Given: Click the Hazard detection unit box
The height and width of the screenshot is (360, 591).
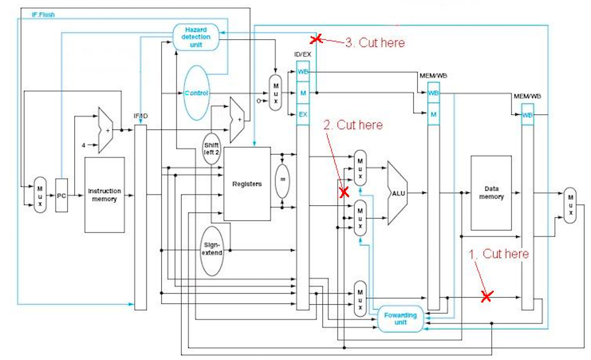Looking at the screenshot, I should tap(195, 36).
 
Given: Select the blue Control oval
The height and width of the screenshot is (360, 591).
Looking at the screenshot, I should tap(196, 93).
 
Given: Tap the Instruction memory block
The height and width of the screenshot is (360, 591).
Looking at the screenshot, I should tap(104, 195).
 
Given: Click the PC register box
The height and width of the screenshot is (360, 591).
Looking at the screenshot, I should tap(61, 195).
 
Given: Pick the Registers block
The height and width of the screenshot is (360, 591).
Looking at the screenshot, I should tap(247, 184).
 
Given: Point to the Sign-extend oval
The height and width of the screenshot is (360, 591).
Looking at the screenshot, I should tap(211, 245).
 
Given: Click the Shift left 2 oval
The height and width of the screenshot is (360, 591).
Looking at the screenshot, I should tap(211, 148).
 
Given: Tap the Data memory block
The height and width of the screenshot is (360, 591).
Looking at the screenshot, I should tap(491, 193).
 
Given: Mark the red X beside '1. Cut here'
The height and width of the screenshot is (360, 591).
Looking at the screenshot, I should tap(487, 295).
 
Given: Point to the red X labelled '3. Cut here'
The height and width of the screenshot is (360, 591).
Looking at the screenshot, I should tap(316, 38).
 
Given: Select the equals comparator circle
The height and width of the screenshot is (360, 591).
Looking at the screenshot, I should tap(281, 180).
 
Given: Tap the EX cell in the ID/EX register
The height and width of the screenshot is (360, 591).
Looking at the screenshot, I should tap(302, 115).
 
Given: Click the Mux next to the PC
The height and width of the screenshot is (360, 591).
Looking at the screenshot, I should tap(40, 195).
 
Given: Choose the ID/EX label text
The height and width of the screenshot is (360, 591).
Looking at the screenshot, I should tap(303, 54).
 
